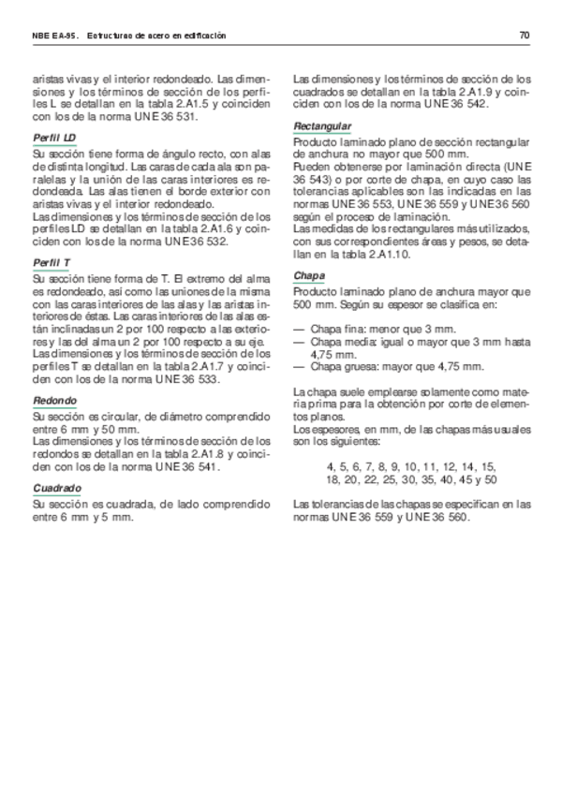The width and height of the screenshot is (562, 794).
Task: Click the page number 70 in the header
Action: (x=525, y=36)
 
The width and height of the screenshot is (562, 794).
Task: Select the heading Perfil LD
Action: (x=54, y=138)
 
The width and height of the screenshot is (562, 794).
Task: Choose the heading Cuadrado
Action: (x=56, y=488)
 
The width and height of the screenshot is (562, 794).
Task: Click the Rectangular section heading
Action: (x=322, y=125)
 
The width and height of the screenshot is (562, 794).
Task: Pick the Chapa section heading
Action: (x=309, y=276)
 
